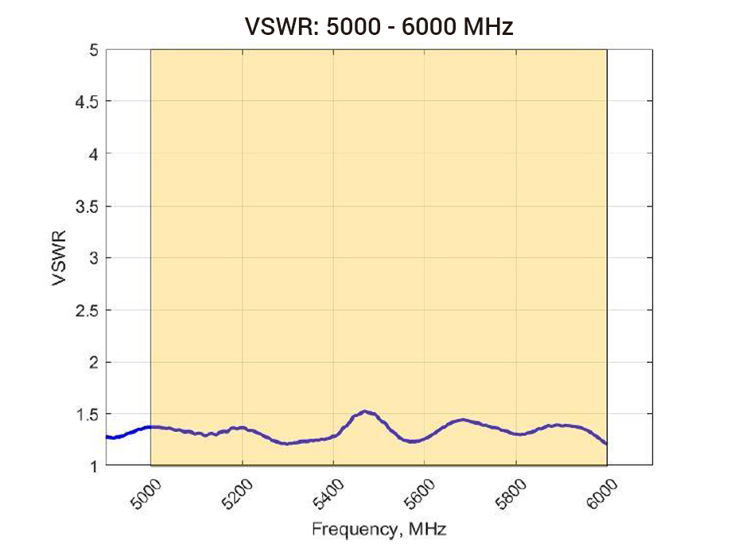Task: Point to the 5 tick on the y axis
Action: (x=93, y=50)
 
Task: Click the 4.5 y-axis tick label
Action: (x=87, y=102)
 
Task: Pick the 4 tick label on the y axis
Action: (x=93, y=154)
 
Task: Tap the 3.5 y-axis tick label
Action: (x=87, y=207)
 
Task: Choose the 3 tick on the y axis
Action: (x=93, y=258)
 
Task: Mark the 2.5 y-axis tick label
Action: (x=87, y=311)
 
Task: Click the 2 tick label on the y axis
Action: (x=93, y=362)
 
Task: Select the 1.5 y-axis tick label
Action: (x=87, y=414)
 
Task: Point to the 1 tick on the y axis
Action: (x=93, y=466)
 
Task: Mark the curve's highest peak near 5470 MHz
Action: (x=365, y=411)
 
